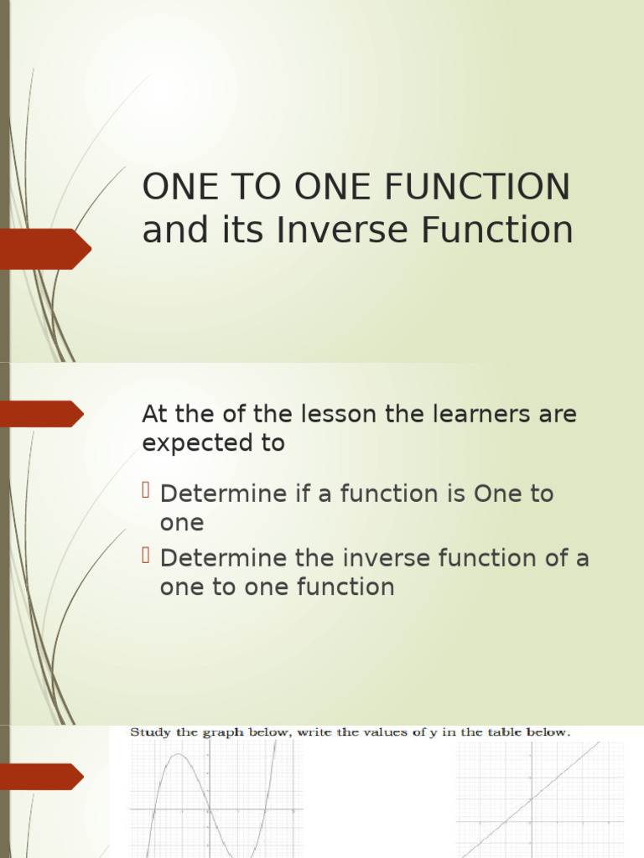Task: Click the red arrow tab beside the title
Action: click(46, 249)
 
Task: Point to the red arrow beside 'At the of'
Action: click(42, 414)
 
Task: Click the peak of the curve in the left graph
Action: click(179, 755)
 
